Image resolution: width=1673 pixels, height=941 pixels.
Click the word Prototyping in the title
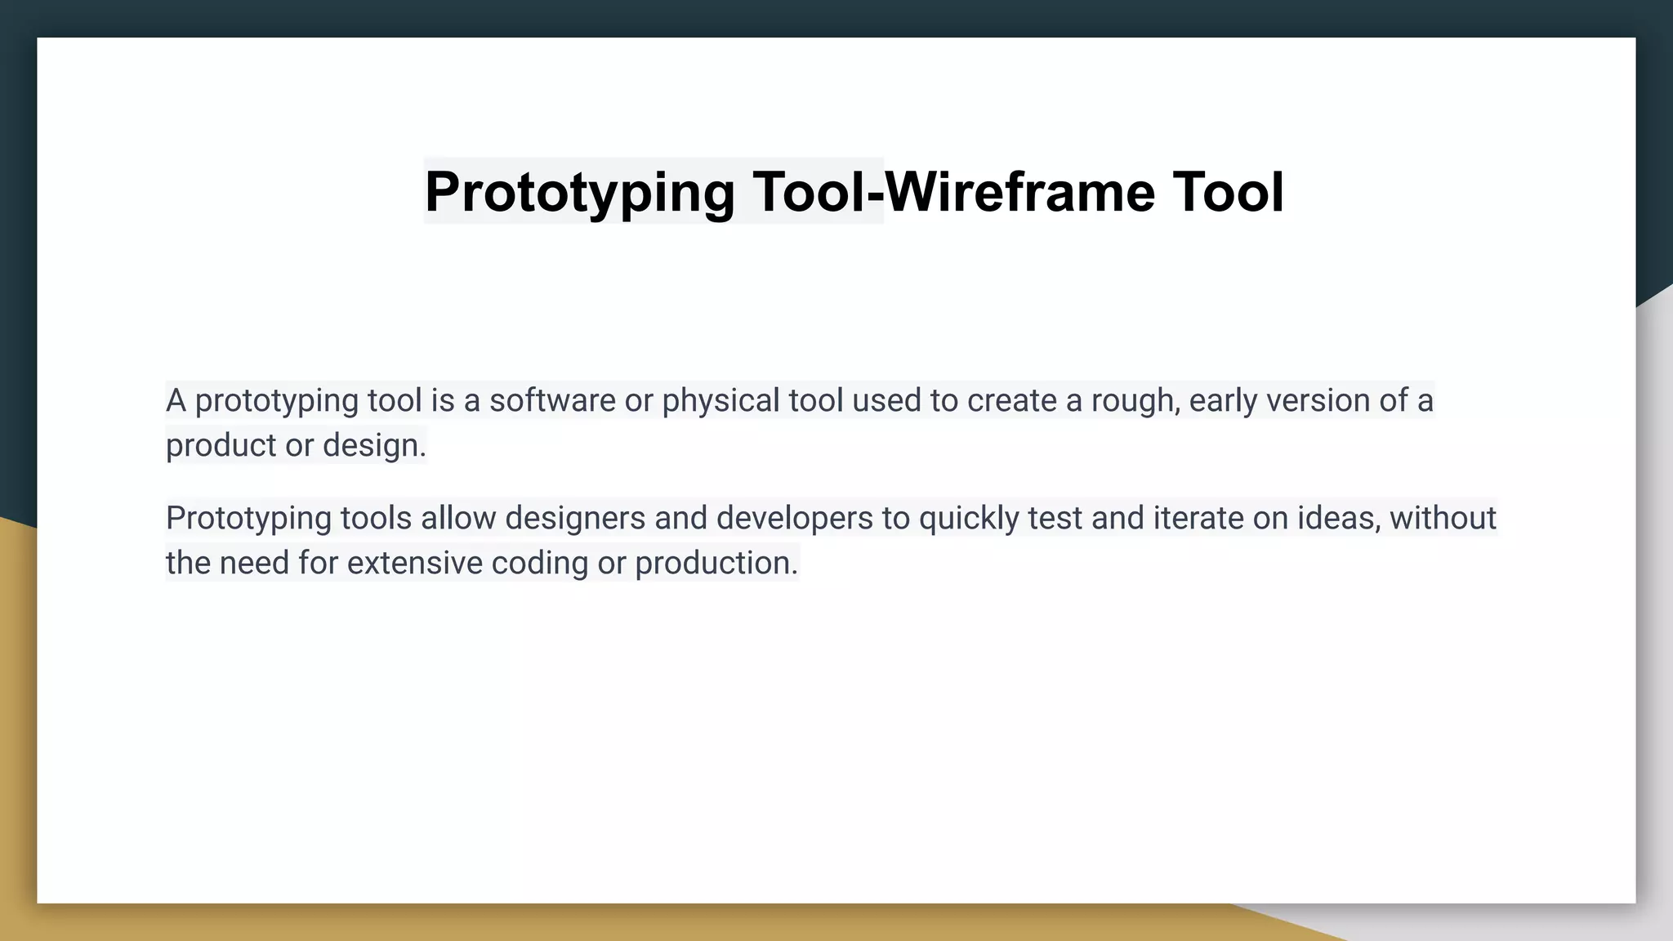[579, 193]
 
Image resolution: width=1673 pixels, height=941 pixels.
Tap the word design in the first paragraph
[373, 446]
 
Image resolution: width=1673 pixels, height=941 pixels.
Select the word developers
[794, 519]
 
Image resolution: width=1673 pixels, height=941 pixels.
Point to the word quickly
[969, 519]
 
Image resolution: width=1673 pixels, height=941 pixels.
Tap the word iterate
[1198, 519]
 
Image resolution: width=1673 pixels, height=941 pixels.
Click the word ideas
[1338, 519]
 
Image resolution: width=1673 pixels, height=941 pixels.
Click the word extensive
[415, 564]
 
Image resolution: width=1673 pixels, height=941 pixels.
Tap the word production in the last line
[715, 564]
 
